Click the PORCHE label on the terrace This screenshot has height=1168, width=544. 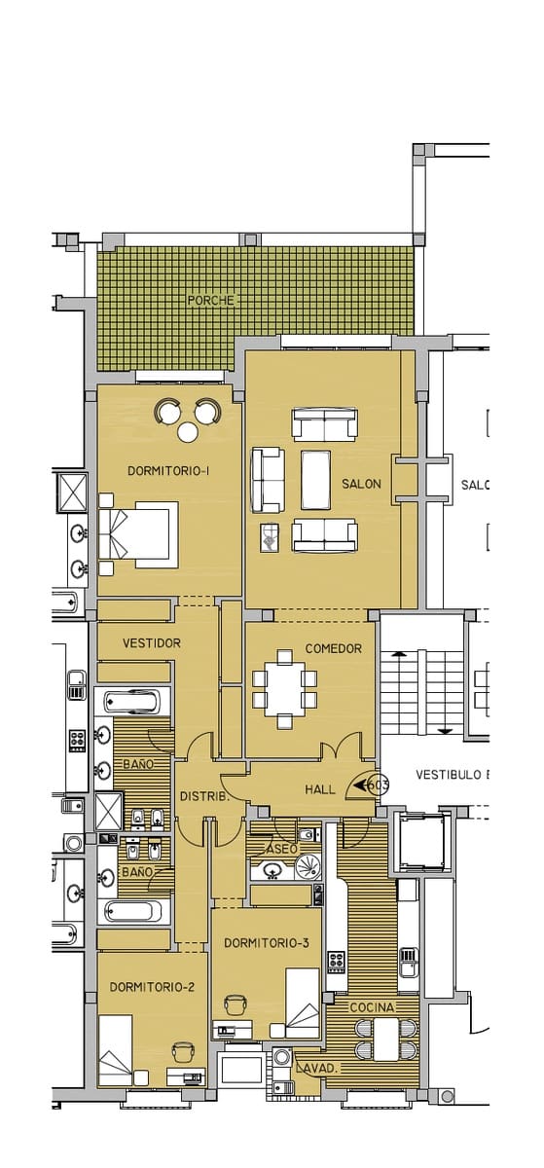(x=210, y=301)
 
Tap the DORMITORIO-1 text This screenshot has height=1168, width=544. (x=169, y=471)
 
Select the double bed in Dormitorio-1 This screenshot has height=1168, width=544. (x=138, y=534)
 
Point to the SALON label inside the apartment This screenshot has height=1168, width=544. (x=361, y=484)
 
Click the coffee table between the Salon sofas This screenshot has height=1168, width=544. (x=315, y=480)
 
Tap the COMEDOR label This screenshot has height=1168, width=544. (x=333, y=648)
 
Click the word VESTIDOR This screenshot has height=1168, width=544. (x=152, y=643)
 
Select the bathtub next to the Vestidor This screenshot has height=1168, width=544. (x=133, y=702)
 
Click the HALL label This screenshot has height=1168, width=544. (x=320, y=789)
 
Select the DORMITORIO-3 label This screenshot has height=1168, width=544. (x=266, y=942)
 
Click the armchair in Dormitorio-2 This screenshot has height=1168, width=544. (x=183, y=1052)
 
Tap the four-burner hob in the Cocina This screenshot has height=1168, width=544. (x=337, y=962)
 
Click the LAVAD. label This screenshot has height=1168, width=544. (x=321, y=1068)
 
